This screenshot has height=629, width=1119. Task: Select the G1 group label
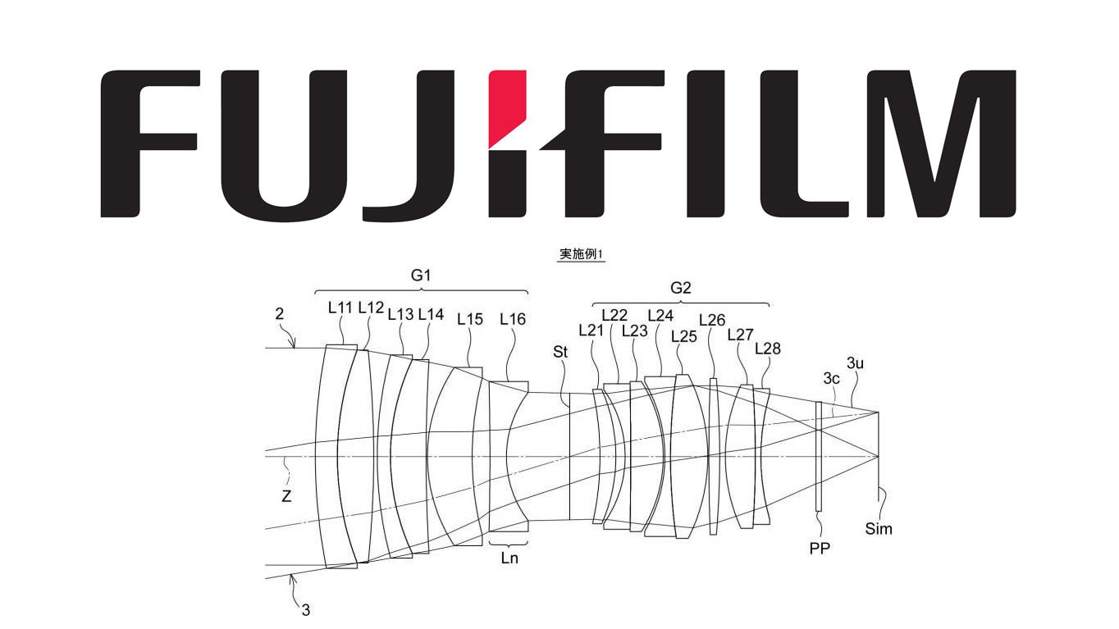[x=421, y=276]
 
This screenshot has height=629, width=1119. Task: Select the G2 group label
[x=681, y=288]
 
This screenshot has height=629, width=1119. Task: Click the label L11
[x=340, y=308]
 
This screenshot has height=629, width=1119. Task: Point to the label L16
[x=513, y=320]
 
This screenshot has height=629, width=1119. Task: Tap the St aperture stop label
[x=560, y=351]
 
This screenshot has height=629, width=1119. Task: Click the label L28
[x=767, y=349]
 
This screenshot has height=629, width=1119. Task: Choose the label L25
[x=683, y=335]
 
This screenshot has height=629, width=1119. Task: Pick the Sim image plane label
[x=879, y=529]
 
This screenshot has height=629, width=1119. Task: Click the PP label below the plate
[x=819, y=549]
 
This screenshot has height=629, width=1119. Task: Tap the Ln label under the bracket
[x=509, y=558]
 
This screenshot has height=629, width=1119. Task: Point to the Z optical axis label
[x=286, y=496]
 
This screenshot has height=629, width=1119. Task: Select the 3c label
[x=831, y=378]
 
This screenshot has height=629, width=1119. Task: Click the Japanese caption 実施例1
[x=581, y=255]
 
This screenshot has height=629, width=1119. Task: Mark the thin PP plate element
[x=819, y=456]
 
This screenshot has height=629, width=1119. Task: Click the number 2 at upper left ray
[x=279, y=312]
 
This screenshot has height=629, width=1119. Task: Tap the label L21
[x=591, y=330]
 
